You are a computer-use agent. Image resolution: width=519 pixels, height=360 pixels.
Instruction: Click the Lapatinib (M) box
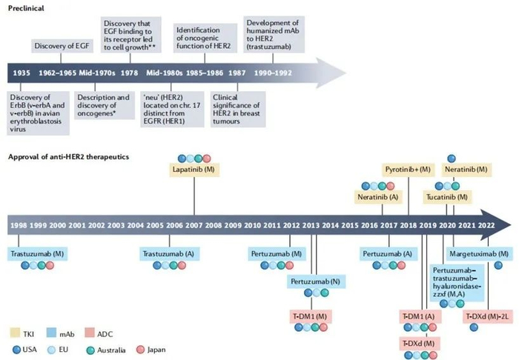(194, 170)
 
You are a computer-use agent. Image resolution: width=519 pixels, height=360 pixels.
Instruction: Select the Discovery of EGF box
(62, 46)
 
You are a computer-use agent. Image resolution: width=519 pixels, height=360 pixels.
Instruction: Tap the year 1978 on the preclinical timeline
(129, 73)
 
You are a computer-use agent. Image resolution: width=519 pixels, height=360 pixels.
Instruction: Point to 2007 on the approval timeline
(194, 225)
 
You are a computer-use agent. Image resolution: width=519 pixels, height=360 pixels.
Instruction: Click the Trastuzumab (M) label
(37, 254)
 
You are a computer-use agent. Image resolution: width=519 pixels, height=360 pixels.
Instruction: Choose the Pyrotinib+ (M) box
(408, 170)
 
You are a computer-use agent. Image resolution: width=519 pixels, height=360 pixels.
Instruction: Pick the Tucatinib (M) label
(447, 197)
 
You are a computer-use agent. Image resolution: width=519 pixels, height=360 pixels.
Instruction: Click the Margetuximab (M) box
(479, 254)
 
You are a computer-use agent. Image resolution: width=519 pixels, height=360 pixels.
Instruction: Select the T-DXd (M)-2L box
(487, 316)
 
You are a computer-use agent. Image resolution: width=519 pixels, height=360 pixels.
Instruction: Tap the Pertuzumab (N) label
(315, 281)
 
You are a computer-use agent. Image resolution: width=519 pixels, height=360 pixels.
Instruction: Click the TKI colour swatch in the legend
(16, 333)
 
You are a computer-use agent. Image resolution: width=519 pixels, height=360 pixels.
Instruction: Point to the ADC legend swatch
(90, 333)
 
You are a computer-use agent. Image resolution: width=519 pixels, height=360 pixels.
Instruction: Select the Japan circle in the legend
(141, 350)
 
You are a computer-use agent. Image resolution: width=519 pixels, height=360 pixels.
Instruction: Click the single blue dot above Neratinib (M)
(451, 159)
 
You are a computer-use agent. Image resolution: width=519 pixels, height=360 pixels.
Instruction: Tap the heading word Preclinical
(26, 8)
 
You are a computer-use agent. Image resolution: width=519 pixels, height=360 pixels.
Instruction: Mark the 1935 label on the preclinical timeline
(22, 73)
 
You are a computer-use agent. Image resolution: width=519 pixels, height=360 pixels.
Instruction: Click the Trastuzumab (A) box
(170, 254)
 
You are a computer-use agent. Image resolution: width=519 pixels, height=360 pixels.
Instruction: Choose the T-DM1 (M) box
(311, 316)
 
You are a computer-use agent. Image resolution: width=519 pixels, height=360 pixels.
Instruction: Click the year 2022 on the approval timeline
(486, 225)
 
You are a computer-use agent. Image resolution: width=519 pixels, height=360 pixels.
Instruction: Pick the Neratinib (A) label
(378, 197)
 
